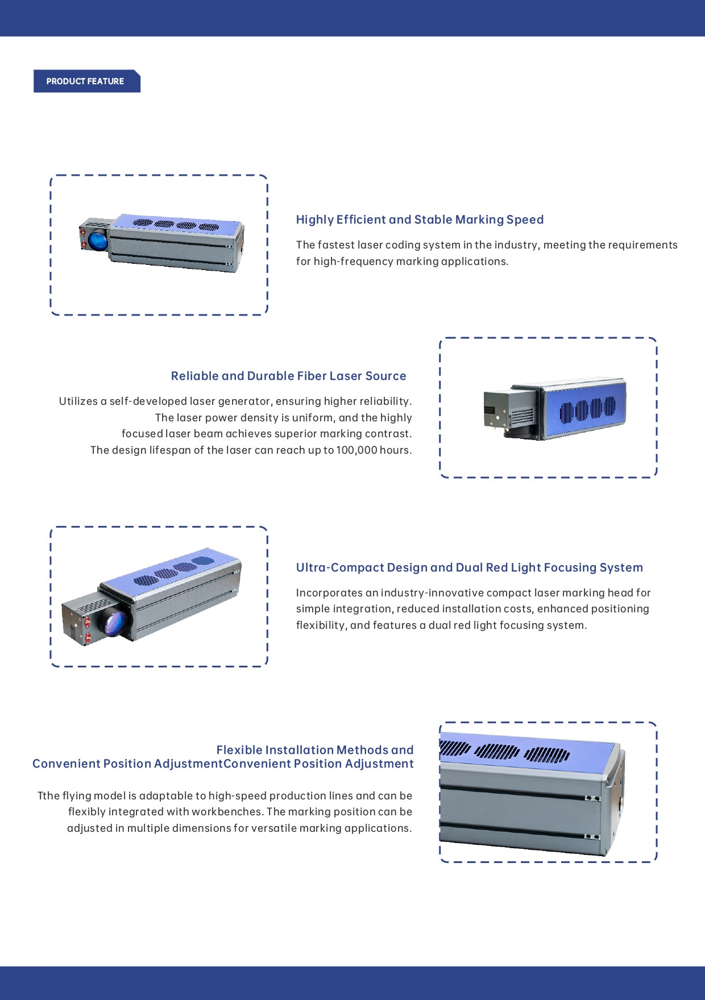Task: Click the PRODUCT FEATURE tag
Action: click(x=85, y=81)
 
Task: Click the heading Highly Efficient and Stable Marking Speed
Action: click(x=420, y=219)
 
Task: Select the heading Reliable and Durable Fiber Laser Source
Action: click(x=288, y=376)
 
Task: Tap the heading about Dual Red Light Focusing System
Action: click(x=469, y=567)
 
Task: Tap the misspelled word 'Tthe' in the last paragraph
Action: click(x=48, y=796)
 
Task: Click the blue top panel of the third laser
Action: click(x=171, y=571)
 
